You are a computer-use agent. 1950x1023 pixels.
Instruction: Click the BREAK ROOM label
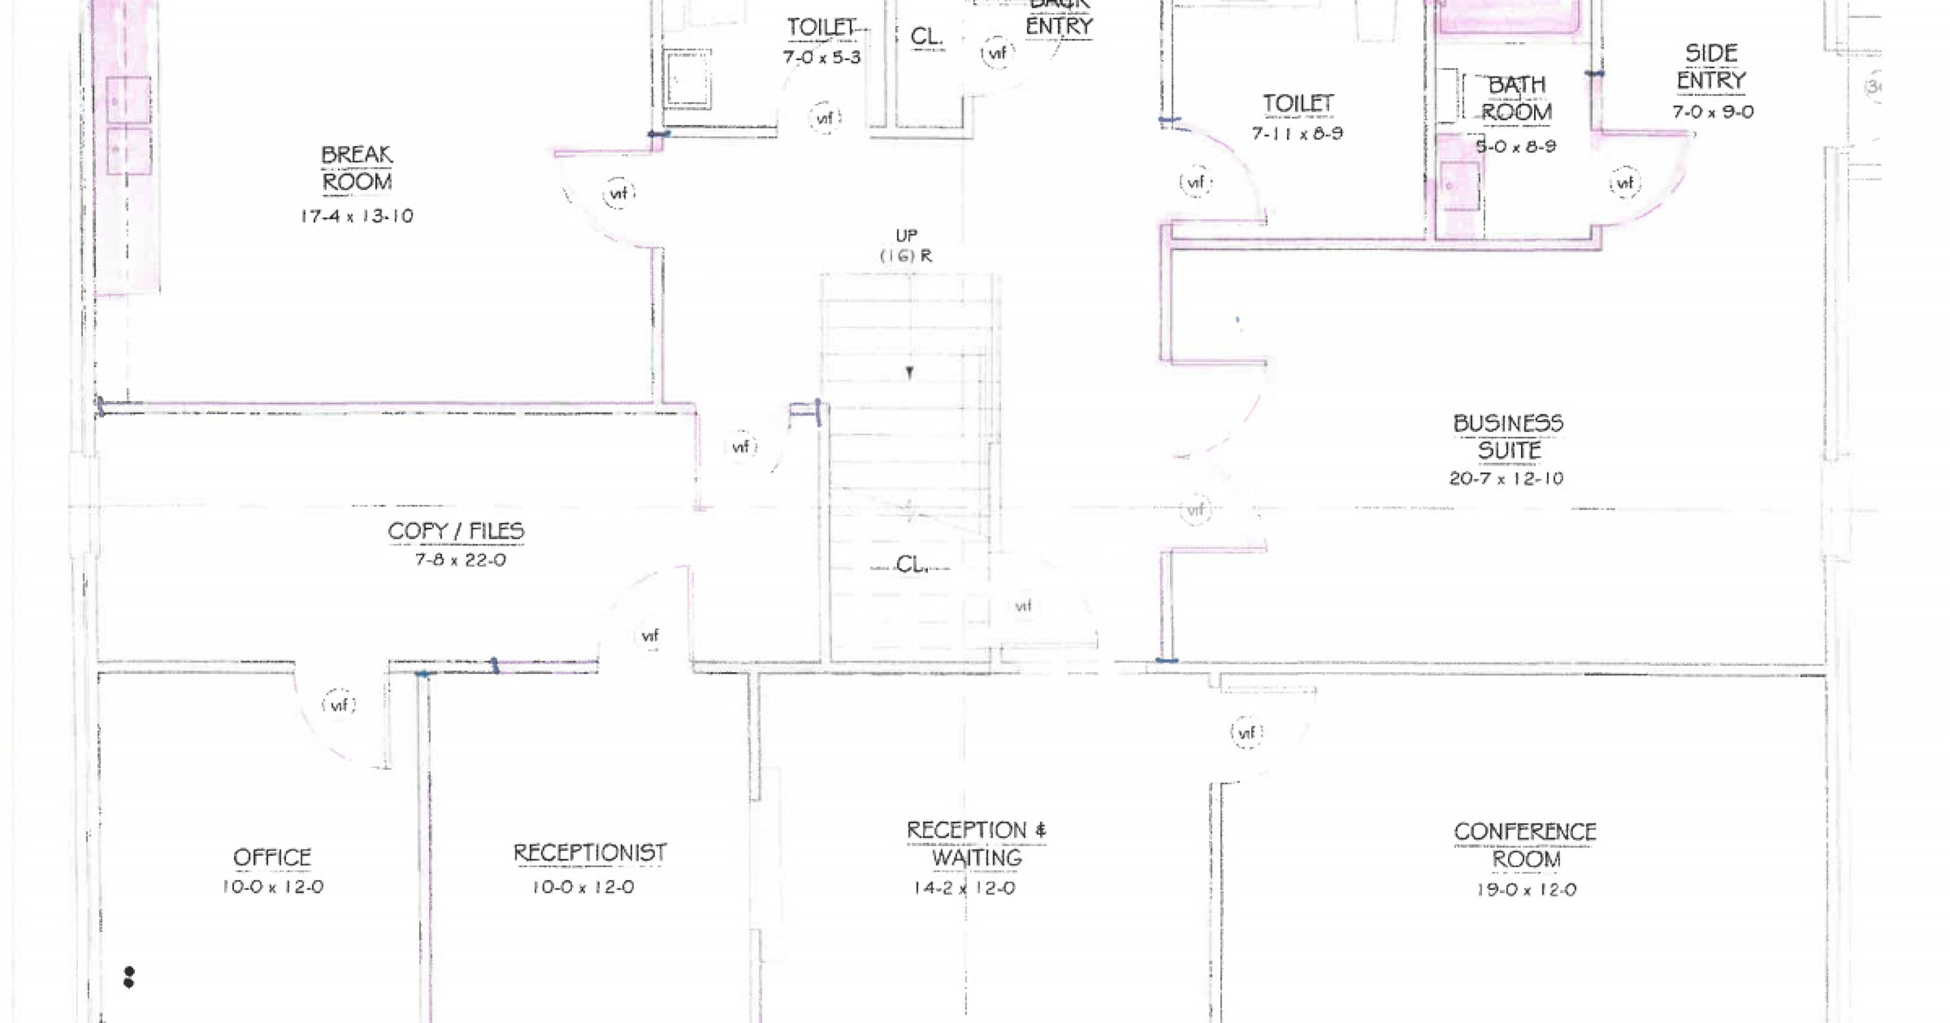click(357, 168)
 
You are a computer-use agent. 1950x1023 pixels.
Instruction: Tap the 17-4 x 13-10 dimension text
click(357, 216)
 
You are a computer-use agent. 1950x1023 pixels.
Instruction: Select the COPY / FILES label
click(456, 531)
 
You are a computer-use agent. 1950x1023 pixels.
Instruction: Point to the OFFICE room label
click(272, 857)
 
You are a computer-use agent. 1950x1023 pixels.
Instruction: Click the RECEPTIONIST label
click(590, 853)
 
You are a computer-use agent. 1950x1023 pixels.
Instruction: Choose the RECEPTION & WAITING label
click(976, 844)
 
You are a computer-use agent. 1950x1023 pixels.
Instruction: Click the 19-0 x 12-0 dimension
click(1526, 890)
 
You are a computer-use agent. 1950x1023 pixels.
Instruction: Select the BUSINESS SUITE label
click(1508, 436)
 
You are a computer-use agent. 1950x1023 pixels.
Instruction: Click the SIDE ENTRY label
click(1711, 67)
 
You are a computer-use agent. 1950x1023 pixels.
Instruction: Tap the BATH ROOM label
click(1516, 98)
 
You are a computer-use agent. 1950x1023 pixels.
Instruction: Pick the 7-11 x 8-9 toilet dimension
click(1297, 134)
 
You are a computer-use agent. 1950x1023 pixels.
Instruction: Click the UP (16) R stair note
click(906, 246)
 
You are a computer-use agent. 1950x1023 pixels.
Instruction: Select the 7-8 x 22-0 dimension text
click(460, 561)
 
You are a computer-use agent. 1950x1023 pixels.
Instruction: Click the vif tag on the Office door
click(339, 705)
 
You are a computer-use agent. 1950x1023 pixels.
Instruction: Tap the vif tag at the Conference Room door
click(1247, 733)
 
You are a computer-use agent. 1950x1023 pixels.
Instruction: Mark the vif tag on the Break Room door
click(618, 194)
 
